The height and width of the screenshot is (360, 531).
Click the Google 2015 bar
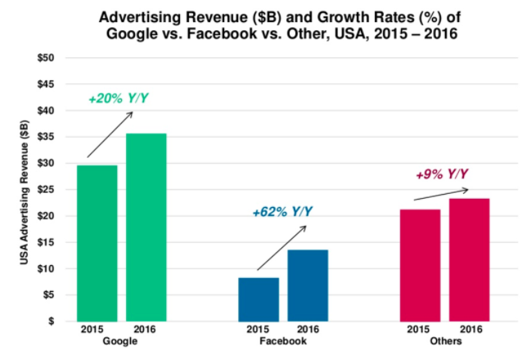point(97,243)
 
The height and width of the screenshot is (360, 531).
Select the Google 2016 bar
point(146,227)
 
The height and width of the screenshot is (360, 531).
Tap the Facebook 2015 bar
point(259,299)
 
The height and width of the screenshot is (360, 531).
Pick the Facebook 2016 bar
point(308,285)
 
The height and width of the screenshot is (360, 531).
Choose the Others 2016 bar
point(469,259)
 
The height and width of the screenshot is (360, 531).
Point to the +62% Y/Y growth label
point(282,213)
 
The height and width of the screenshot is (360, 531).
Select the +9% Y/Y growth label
point(442,173)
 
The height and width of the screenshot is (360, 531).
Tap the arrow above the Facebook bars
point(281,247)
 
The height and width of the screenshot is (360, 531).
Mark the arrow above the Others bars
point(442,195)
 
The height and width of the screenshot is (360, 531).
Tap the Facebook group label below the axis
point(282,340)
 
